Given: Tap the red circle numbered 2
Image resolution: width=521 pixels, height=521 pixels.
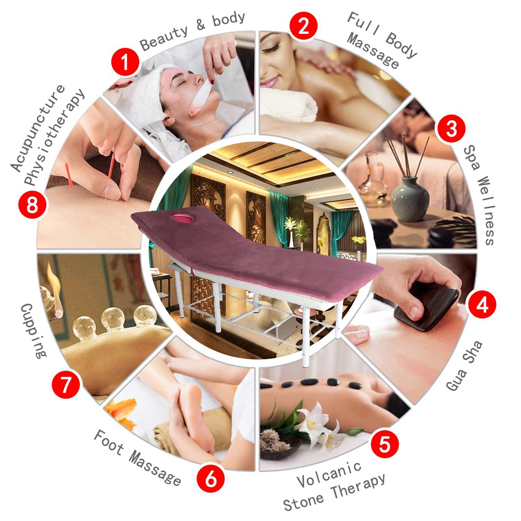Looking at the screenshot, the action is [304, 27].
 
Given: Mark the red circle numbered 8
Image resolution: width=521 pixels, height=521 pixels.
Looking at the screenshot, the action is [32, 205].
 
